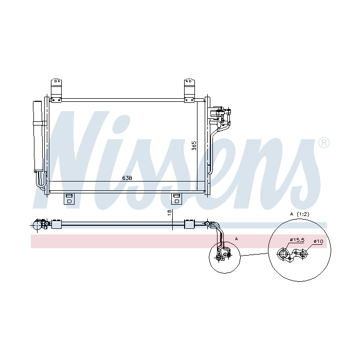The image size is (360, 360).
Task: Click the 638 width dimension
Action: coord(127,178)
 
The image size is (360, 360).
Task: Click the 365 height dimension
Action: coord(194,146)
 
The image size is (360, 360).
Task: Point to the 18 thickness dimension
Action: coord(170,212)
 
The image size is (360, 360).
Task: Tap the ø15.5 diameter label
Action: coord(297,240)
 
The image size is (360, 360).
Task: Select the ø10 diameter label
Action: coord(318,241)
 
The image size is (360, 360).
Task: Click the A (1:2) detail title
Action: coord(299,214)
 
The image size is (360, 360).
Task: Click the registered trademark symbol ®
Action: coord(324,143)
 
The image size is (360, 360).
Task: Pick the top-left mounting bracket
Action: coord(56,90)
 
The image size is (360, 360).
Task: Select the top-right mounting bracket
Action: coord(189,90)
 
